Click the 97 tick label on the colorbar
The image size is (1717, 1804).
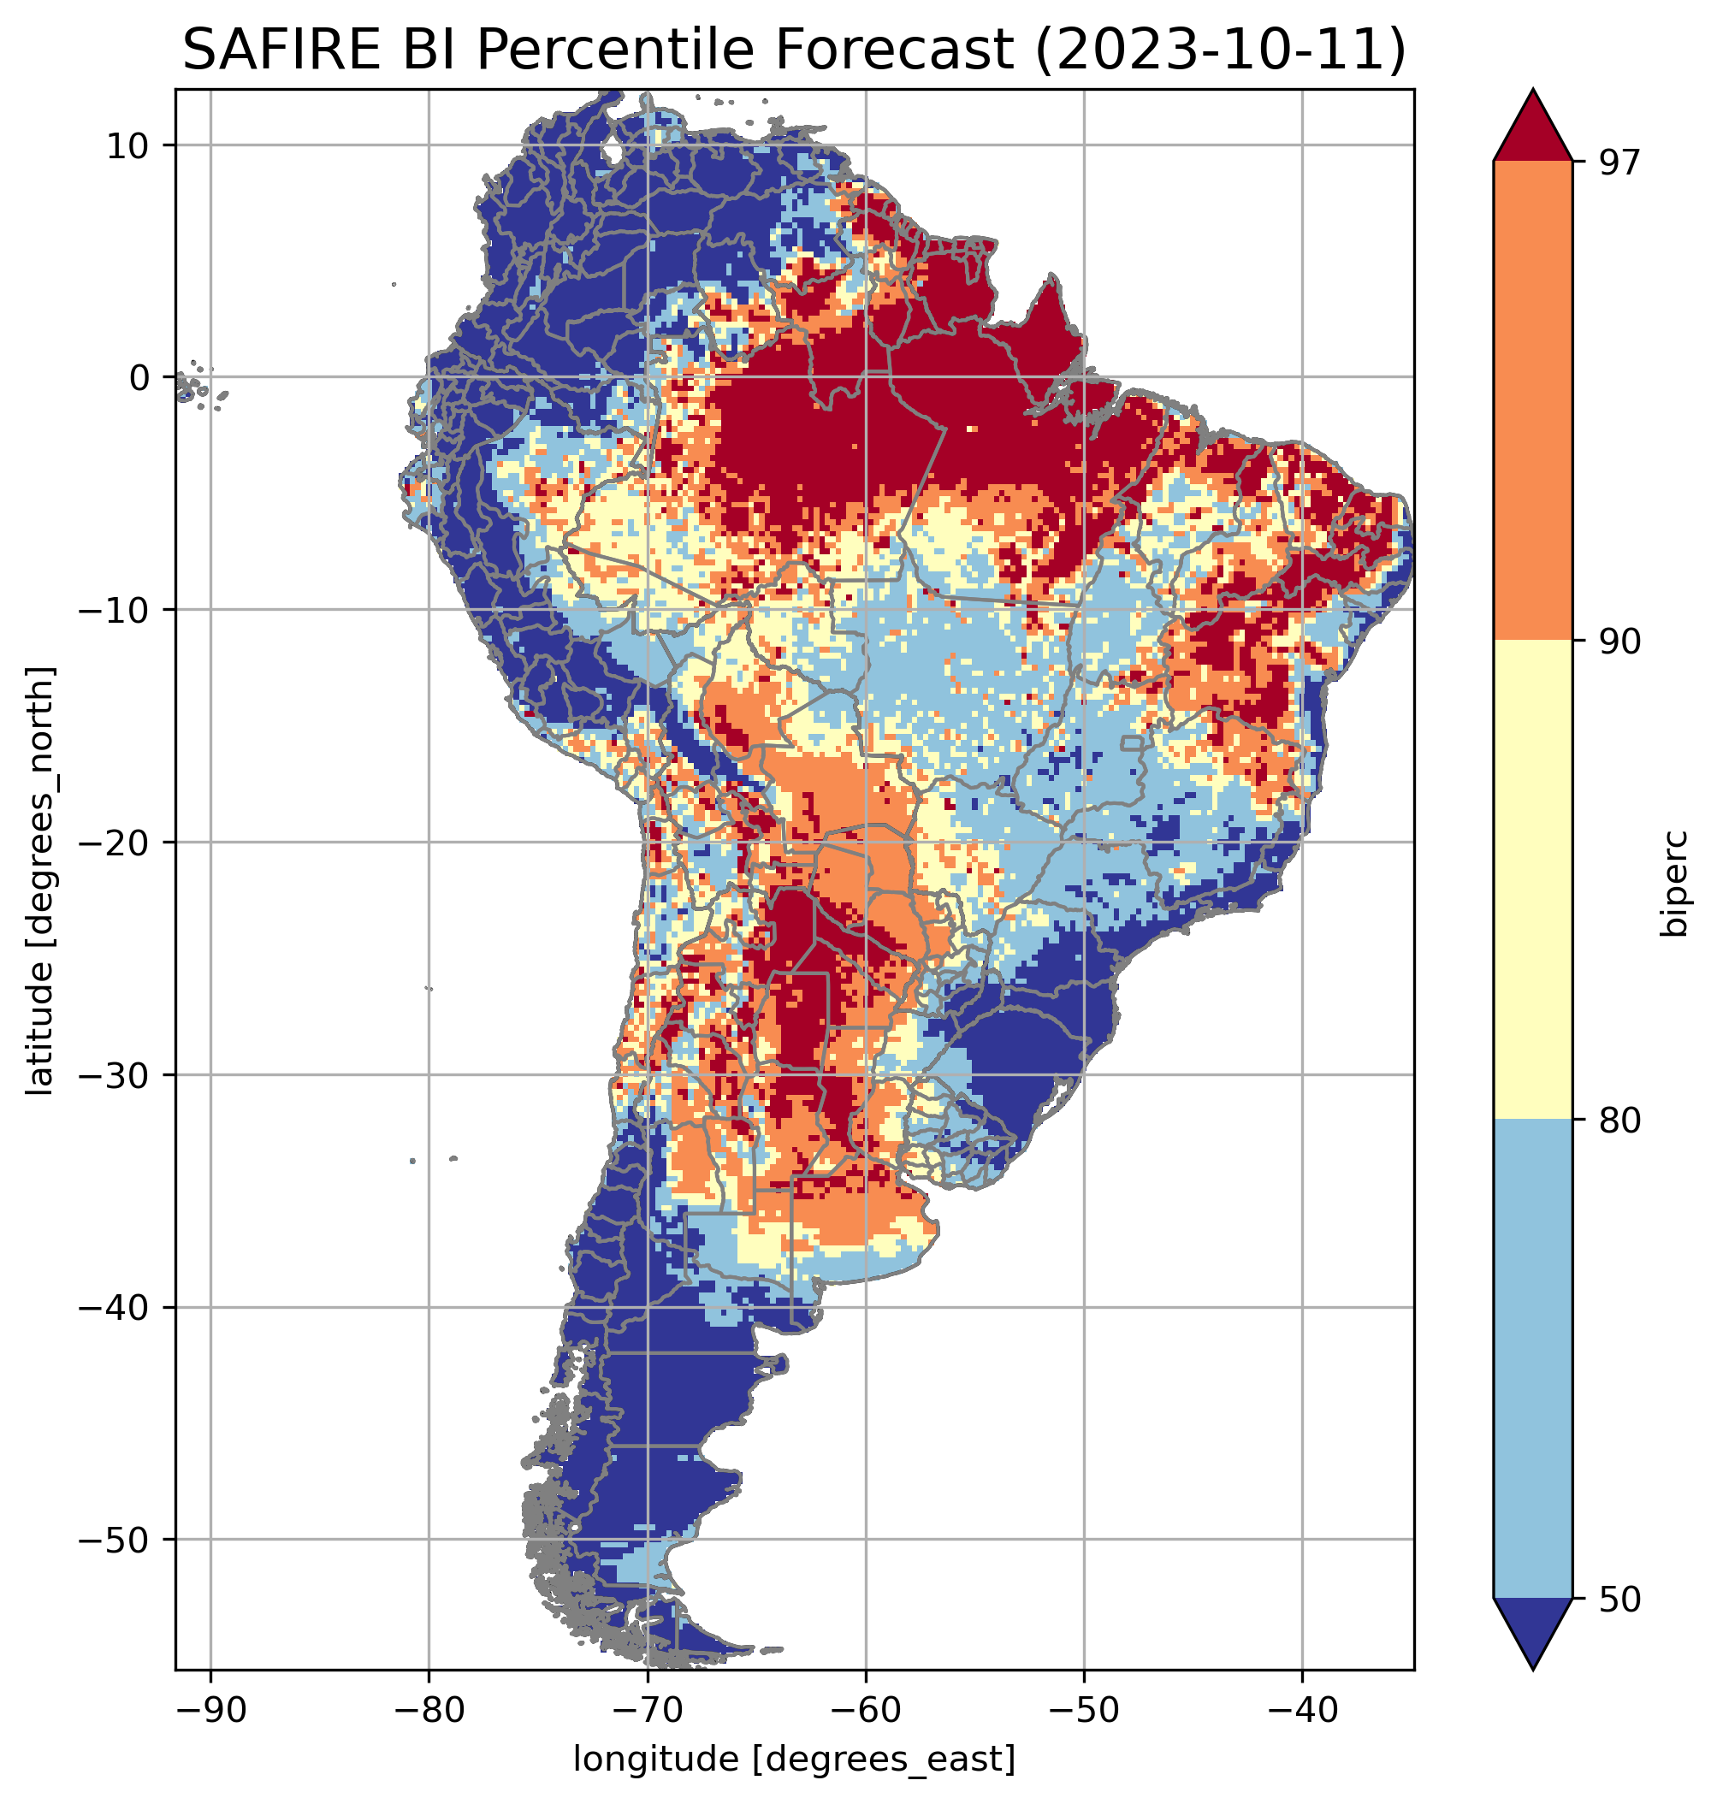[x=1619, y=162]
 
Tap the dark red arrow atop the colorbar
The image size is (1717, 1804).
[x=1532, y=128]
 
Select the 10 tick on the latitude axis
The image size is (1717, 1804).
[x=128, y=145]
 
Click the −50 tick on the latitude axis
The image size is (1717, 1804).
[x=115, y=1541]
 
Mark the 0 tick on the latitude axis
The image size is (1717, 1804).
[x=139, y=377]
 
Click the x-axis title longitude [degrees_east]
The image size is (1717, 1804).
[x=794, y=1757]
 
